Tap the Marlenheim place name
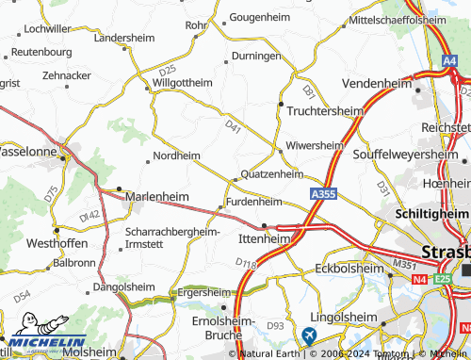tap(156, 196)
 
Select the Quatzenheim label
tap(272, 173)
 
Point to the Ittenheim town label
tap(263, 238)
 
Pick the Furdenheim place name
tap(254, 201)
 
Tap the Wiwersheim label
tap(315, 145)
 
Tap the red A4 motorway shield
tap(449, 61)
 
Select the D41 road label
tap(234, 124)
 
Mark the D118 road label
tap(246, 263)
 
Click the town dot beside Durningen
tap(226, 63)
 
